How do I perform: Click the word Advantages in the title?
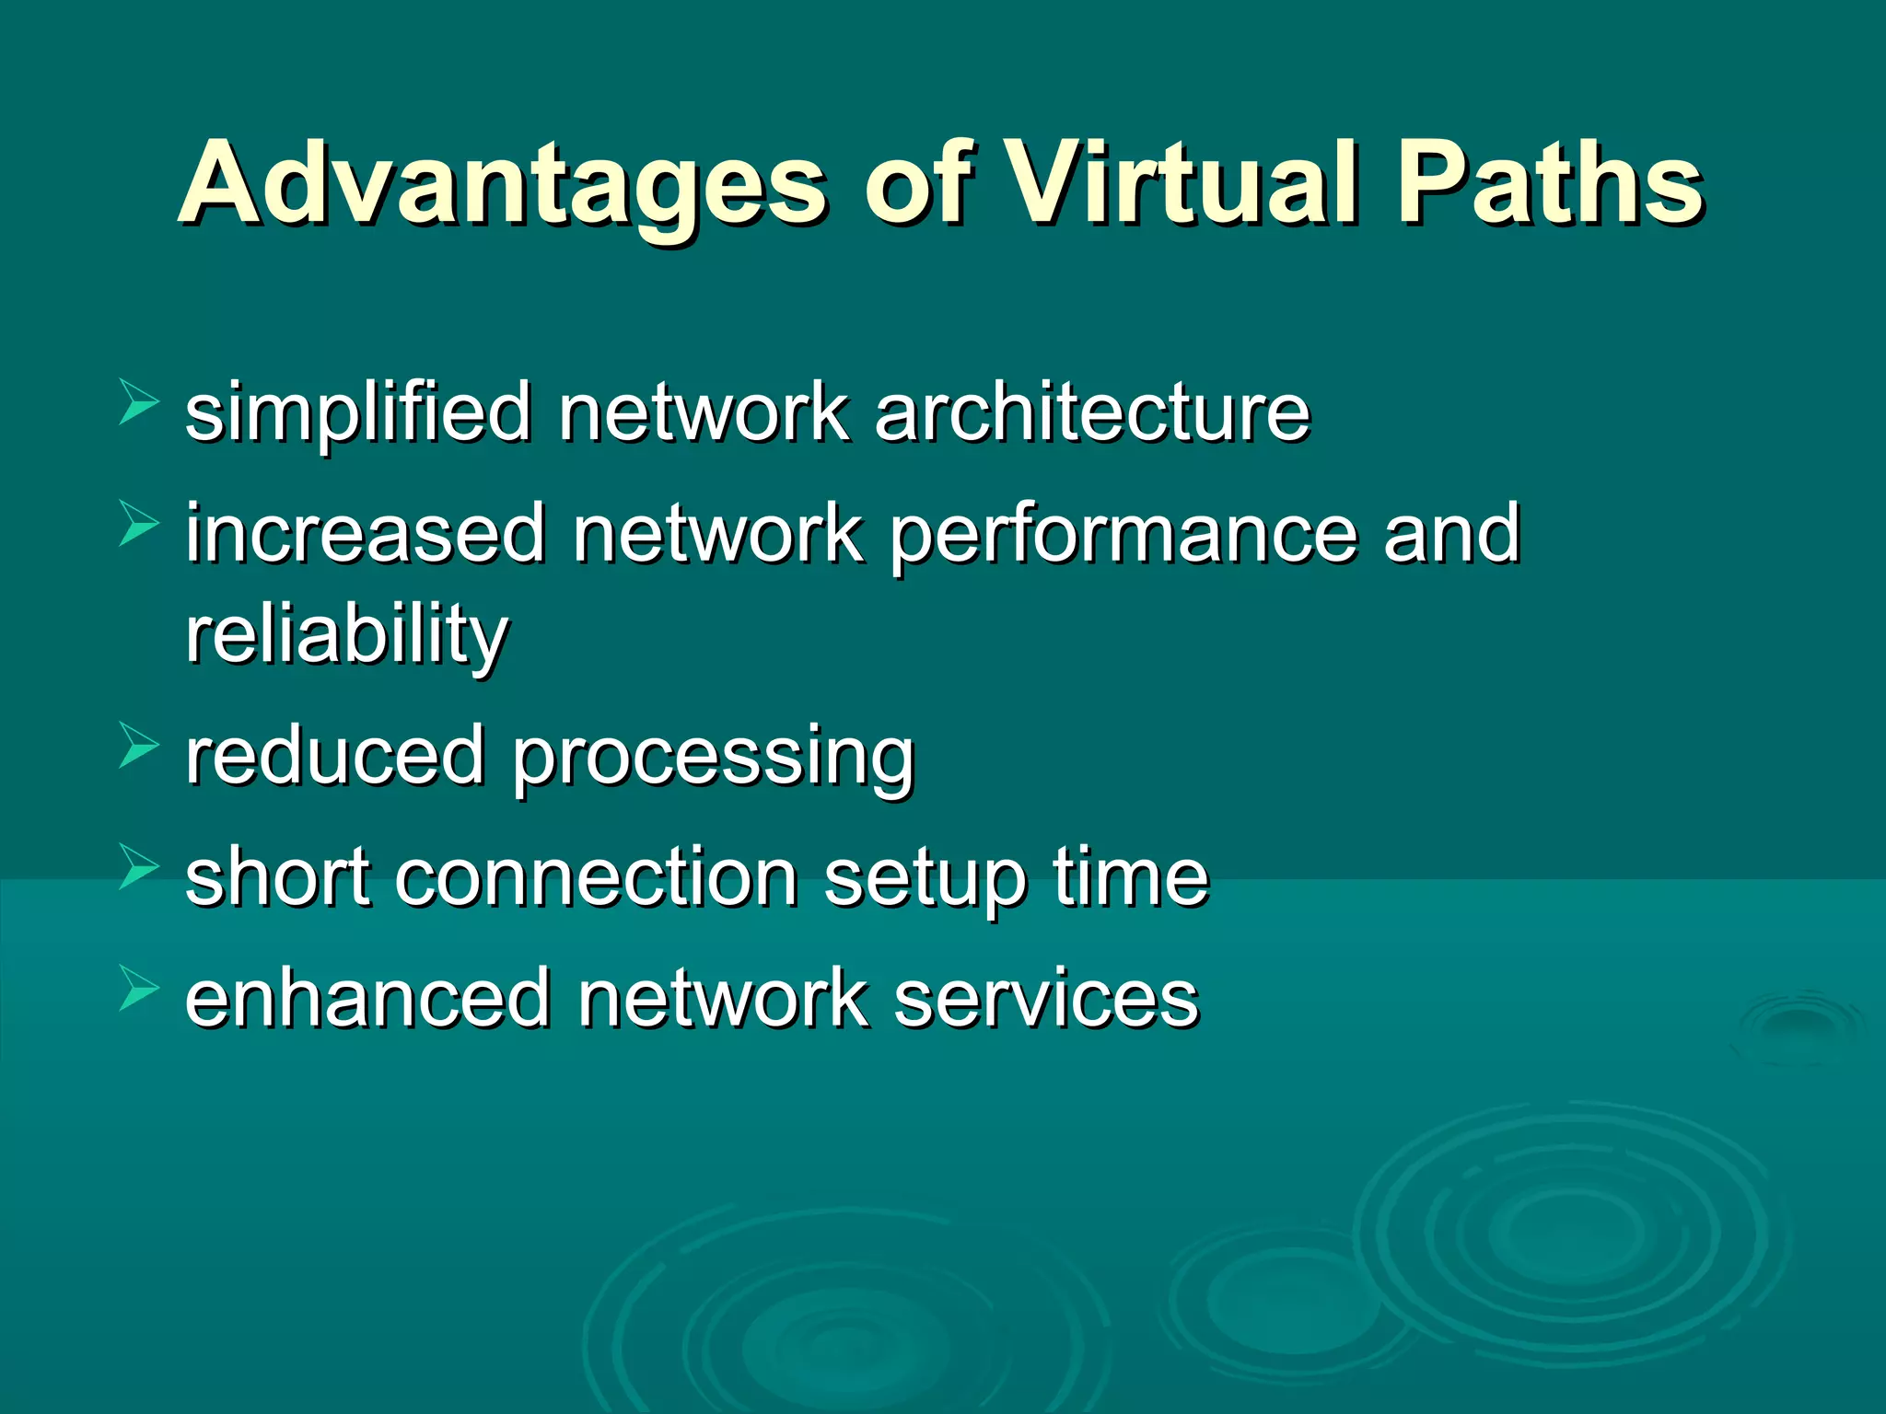[503, 184]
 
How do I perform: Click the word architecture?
[1092, 411]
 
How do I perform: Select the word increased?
[367, 533]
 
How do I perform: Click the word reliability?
[347, 636]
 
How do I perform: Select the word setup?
[926, 880]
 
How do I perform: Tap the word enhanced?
[367, 998]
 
